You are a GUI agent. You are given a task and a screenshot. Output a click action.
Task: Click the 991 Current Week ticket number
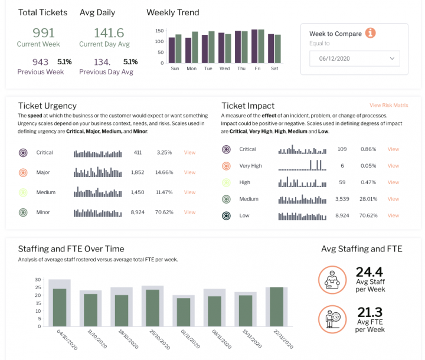[x=43, y=32]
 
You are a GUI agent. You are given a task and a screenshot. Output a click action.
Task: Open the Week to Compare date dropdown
[x=355, y=58]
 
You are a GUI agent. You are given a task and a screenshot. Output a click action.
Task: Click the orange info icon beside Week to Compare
[x=371, y=33]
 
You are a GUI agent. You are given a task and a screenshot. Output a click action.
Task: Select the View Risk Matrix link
[x=388, y=105]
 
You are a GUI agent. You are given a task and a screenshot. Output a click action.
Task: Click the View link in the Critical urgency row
[x=189, y=152]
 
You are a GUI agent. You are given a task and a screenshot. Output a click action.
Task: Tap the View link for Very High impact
[x=393, y=166]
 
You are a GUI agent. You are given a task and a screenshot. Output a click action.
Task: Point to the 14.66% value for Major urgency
[x=164, y=172]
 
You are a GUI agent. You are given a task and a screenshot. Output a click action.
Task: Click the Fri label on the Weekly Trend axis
[x=257, y=68]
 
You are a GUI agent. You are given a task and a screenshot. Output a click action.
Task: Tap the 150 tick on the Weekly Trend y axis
[x=159, y=31]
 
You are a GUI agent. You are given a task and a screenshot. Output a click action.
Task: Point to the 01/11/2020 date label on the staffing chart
[x=180, y=341]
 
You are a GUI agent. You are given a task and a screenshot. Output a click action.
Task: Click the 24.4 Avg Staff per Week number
[x=369, y=272]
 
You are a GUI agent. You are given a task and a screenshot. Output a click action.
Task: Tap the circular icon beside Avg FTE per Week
[x=332, y=318]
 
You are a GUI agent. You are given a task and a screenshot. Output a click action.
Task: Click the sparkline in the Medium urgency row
[x=97, y=192]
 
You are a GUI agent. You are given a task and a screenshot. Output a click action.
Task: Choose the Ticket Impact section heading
[x=248, y=106]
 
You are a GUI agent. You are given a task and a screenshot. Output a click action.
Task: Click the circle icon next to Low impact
[x=226, y=215]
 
